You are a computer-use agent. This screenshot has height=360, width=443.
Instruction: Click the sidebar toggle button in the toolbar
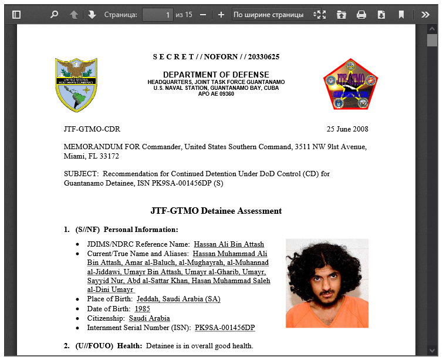click(16, 15)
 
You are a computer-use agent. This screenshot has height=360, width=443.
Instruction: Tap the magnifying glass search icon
click(54, 15)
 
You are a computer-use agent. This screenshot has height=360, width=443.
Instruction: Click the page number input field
click(157, 15)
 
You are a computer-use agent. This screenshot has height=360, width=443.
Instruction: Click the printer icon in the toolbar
click(361, 15)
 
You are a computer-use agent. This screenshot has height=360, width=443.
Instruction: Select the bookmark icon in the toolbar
click(401, 15)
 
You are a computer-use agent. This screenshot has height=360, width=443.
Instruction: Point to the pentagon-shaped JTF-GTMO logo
click(350, 85)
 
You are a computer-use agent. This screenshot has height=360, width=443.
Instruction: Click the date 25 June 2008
click(347, 129)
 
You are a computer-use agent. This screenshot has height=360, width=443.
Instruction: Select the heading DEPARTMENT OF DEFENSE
click(216, 75)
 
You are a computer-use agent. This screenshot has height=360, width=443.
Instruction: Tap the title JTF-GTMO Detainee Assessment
click(216, 211)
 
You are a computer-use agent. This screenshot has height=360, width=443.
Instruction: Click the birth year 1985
click(143, 308)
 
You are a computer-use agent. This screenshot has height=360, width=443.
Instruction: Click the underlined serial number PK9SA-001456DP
click(225, 327)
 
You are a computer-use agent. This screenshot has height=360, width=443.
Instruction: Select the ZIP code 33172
click(109, 156)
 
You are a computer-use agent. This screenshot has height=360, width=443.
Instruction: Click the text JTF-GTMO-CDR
click(92, 129)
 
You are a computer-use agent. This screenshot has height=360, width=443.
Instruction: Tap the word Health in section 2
click(129, 346)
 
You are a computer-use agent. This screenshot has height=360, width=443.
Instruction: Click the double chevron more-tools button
click(425, 15)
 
